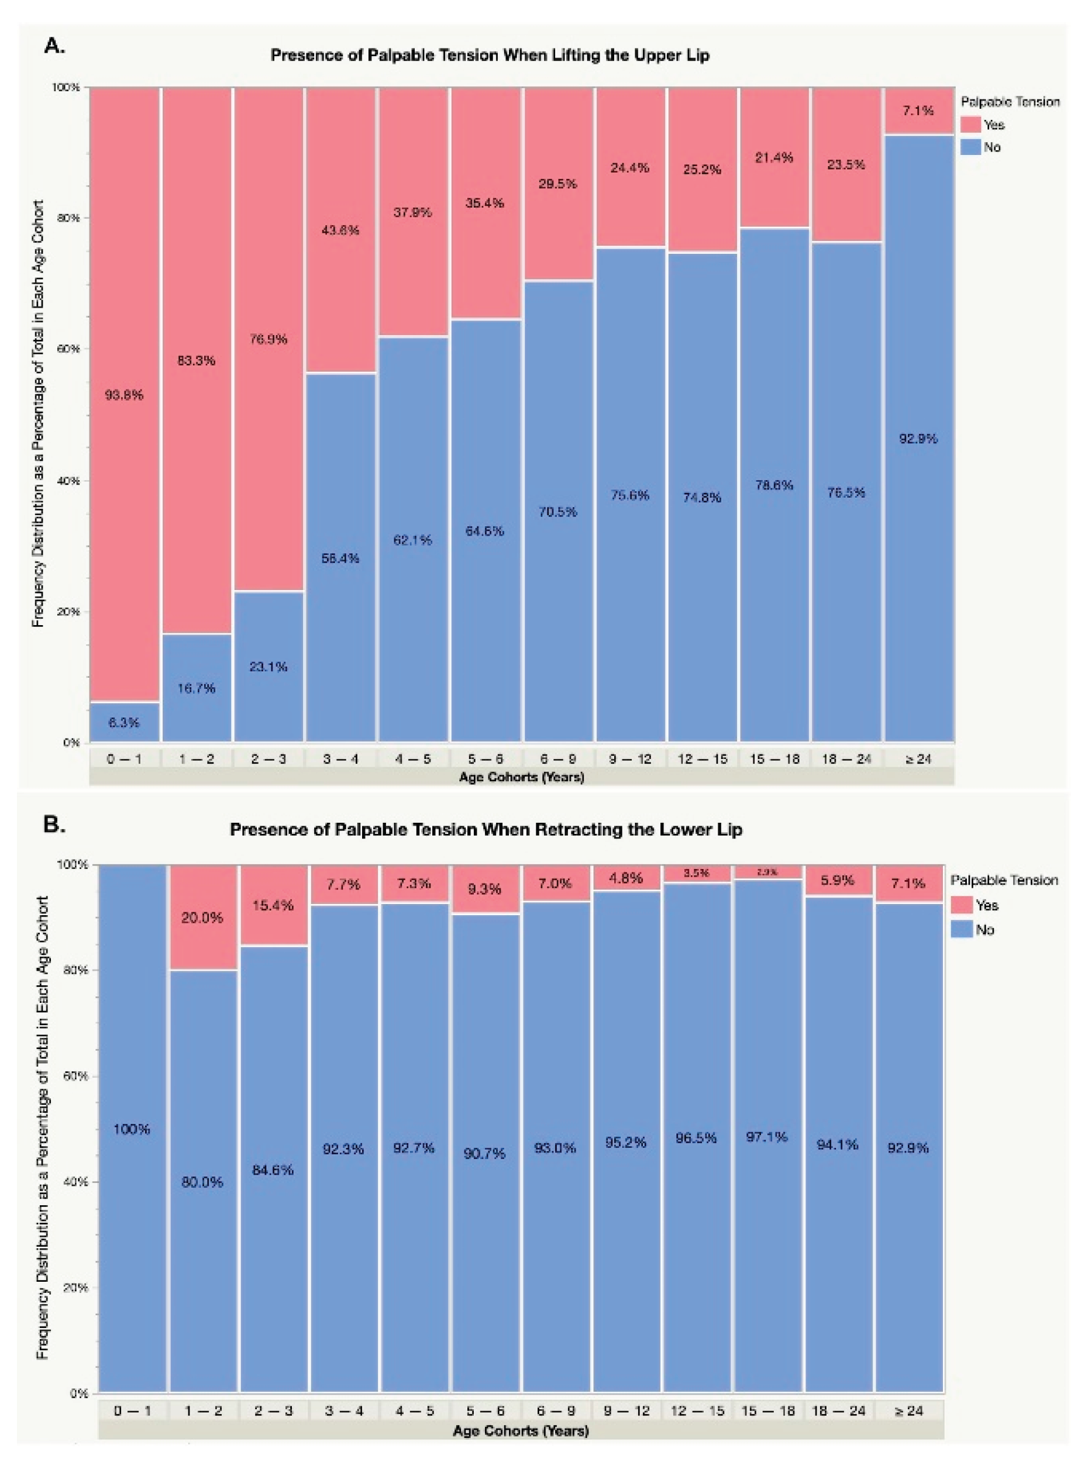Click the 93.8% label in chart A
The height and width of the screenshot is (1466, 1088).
coord(124,395)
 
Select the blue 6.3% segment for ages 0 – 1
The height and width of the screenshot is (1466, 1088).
coord(124,722)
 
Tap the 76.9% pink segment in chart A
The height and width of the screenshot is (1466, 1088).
coord(268,340)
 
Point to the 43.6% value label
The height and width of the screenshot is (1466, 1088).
coord(340,230)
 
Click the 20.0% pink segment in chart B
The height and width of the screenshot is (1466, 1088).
coord(203,917)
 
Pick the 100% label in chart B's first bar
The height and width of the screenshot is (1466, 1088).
coord(132,1129)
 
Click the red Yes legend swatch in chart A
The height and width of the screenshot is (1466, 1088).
coord(971,125)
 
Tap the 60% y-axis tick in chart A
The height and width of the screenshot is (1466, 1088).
coord(70,349)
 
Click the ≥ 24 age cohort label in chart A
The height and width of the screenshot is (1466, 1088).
coord(918,758)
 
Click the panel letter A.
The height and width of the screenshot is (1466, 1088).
coord(54,46)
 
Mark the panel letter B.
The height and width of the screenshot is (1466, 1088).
coord(54,825)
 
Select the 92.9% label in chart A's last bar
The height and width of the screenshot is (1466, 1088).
coord(918,439)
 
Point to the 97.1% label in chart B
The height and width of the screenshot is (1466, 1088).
coord(767,1136)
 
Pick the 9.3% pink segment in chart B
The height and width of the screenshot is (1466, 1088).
coord(484,889)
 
